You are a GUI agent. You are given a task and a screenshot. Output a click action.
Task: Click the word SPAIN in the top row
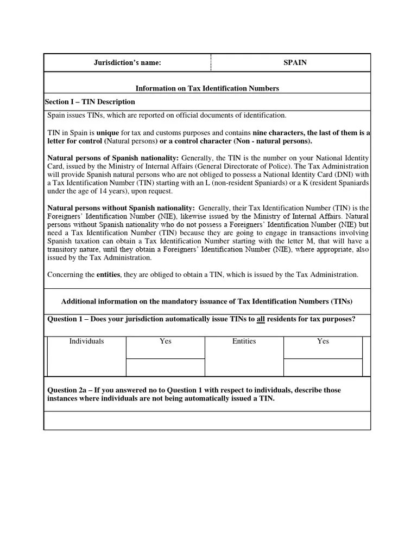[295, 62]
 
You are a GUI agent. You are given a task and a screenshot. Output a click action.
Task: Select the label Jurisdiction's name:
[127, 62]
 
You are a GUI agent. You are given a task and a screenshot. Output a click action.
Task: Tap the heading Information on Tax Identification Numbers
[207, 88]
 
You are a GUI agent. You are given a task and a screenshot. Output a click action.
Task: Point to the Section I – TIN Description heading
[90, 102]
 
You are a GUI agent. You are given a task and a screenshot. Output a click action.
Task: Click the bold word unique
[108, 132]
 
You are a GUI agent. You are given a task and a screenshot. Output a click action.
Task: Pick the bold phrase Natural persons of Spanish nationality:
[113, 158]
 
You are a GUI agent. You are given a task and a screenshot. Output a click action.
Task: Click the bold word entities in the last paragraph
[109, 275]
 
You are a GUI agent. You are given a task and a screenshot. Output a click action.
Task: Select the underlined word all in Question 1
[261, 319]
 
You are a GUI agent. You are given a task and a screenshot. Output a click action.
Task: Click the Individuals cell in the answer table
[86, 341]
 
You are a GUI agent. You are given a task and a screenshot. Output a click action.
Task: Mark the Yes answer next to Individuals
[166, 341]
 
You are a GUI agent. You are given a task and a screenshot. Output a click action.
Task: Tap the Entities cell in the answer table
[244, 341]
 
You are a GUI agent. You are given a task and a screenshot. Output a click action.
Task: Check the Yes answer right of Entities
[323, 341]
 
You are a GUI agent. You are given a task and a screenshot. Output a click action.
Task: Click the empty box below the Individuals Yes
[166, 367]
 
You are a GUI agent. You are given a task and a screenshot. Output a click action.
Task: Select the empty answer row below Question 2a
[207, 420]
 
